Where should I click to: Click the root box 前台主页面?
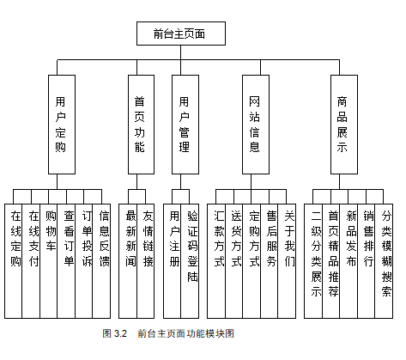(x=181, y=34)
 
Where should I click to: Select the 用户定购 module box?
(x=62, y=125)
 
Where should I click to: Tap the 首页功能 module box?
(x=141, y=125)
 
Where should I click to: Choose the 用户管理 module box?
(x=185, y=125)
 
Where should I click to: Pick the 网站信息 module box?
(x=256, y=125)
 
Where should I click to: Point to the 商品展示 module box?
(x=344, y=125)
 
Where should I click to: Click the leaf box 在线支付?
(x=31, y=261)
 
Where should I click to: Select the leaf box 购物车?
(x=49, y=261)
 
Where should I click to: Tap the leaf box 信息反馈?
(x=101, y=261)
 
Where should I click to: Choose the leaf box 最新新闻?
(x=128, y=261)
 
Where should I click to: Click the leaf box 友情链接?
(x=146, y=261)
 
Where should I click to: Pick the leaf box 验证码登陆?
(x=190, y=261)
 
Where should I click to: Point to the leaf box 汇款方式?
(x=216, y=261)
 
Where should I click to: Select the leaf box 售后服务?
(x=270, y=261)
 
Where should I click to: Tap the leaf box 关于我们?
(x=287, y=261)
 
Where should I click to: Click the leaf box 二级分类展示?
(x=313, y=261)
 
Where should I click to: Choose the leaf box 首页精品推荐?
(x=331, y=261)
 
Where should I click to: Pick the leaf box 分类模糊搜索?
(x=384, y=261)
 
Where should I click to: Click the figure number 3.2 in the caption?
(x=120, y=333)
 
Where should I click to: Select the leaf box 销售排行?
(x=367, y=261)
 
